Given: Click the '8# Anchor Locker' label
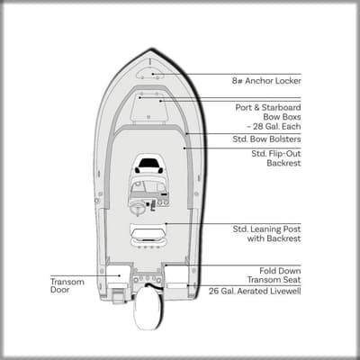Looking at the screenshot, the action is (x=266, y=81).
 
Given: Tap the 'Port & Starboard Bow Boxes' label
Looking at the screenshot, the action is (x=268, y=117).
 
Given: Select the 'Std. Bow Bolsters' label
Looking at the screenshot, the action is (x=266, y=139).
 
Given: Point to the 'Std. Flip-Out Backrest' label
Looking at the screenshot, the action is (x=276, y=158).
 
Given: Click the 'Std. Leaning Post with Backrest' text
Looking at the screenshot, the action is (x=266, y=234).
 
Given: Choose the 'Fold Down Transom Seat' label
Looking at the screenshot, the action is (x=274, y=275).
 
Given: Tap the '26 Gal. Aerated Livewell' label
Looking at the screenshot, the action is (x=255, y=291).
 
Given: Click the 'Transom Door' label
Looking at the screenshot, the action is (x=67, y=285).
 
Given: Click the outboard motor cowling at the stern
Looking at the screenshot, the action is (x=147, y=308).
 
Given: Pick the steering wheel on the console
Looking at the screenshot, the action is (x=138, y=207).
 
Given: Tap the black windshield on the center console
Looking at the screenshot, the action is (x=149, y=163).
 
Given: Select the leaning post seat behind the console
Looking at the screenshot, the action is (x=148, y=234).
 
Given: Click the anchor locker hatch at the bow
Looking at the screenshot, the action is (x=150, y=73).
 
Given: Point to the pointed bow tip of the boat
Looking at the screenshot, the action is (x=150, y=49).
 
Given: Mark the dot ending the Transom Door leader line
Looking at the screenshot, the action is (x=120, y=275).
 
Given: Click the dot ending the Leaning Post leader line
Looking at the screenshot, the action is (x=166, y=223).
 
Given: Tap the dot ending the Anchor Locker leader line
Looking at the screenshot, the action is (x=153, y=74).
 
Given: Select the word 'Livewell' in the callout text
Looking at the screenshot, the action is (x=285, y=291).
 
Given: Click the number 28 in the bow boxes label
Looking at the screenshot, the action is (x=258, y=127).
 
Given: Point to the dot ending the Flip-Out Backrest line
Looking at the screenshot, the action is (x=184, y=148).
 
